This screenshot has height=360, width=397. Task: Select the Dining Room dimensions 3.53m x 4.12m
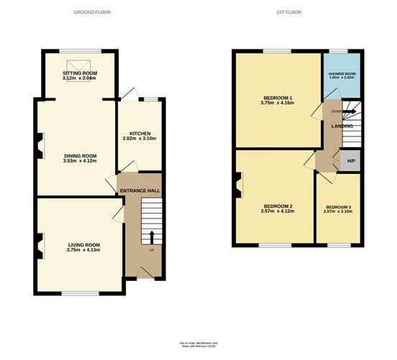coord(79,161)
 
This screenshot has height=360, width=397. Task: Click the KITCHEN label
coord(140,134)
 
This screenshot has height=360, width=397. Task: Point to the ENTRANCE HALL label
coord(140,190)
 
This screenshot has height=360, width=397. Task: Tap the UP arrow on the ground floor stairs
coord(152,239)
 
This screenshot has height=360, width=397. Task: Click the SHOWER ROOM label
coord(342,74)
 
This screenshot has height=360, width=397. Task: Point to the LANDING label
coord(342,126)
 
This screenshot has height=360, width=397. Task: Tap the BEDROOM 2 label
coord(276,207)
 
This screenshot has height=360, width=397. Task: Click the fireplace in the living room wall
coord(40,244)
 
